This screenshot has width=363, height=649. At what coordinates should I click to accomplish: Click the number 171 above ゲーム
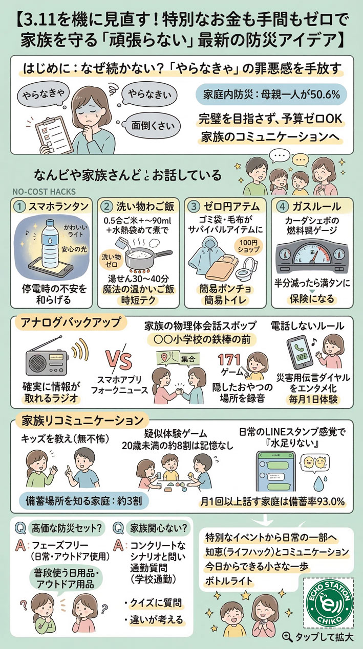(229, 361)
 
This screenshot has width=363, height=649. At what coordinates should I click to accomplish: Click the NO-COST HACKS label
(44, 191)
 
